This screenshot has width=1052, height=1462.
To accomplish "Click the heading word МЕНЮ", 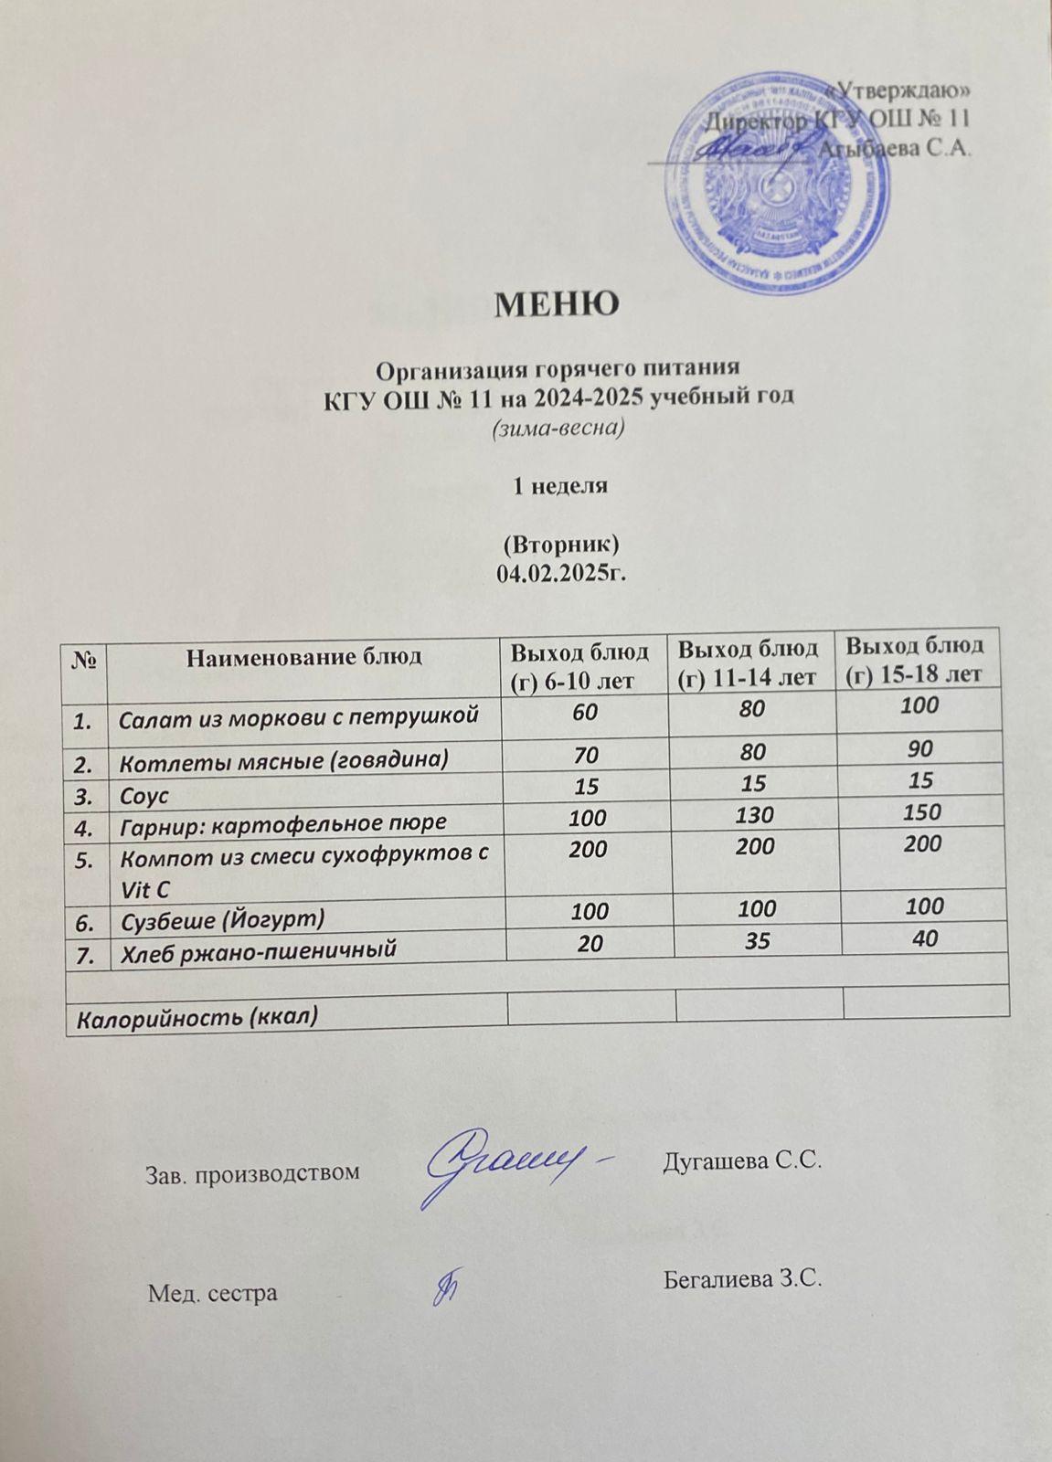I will tap(557, 304).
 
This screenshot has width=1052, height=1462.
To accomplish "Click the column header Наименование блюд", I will tap(303, 656).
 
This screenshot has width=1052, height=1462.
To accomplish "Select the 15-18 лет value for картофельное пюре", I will tap(920, 812).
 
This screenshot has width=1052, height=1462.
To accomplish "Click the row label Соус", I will tap(144, 795).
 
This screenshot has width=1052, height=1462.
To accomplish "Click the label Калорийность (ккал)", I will tap(197, 1016).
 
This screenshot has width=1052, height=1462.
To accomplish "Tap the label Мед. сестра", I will tap(213, 1293).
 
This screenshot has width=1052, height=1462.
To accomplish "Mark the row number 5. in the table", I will tap(85, 860).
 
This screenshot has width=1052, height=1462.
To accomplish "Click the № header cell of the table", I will tap(85, 658).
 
